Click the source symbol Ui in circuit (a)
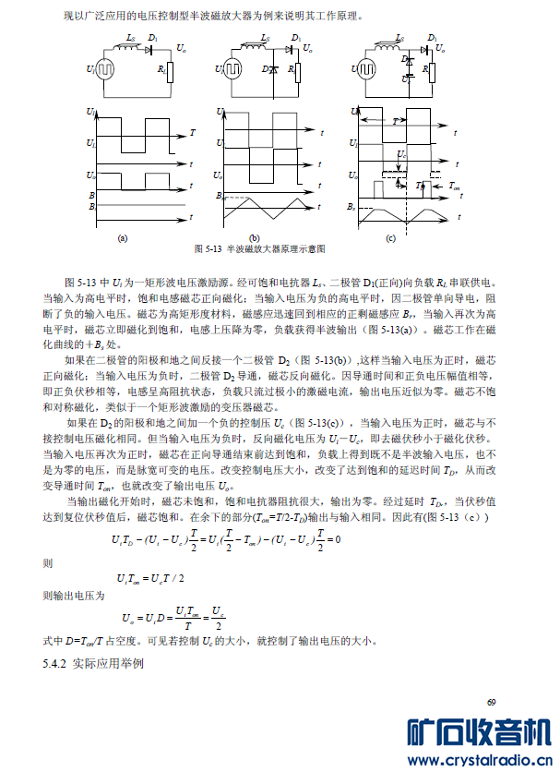pyautogui.click(x=105, y=70)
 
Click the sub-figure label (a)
pyautogui.click(x=122, y=237)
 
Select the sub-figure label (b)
pyautogui.click(x=256, y=237)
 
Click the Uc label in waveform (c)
pyautogui.click(x=400, y=154)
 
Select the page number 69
pyautogui.click(x=491, y=703)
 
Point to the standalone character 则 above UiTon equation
pyautogui.click(x=49, y=561)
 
